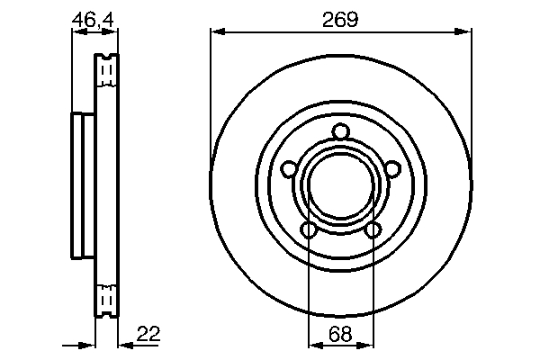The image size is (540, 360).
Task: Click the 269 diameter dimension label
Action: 340,19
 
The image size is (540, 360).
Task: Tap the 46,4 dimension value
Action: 94,18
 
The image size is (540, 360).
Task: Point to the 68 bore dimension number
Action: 340,333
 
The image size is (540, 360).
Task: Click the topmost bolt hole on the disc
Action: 340,133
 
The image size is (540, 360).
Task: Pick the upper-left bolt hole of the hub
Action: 288,168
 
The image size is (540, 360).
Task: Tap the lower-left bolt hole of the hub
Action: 309,230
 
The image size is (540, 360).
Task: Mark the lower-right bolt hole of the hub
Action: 372,230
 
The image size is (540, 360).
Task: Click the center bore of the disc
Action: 340,188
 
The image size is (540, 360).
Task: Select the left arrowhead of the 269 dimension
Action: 216,32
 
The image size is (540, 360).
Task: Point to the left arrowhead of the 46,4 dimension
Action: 76,32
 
